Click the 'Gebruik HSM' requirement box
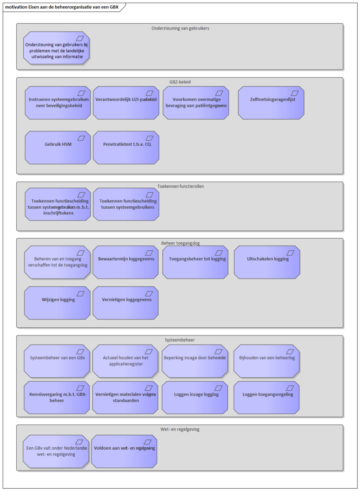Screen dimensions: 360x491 point(58,148)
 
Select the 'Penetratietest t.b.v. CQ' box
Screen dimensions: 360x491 point(126,148)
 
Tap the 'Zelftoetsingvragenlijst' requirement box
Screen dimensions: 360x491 point(271,103)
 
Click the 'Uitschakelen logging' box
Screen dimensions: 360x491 point(267,262)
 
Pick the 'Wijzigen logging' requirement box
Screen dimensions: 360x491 point(57,303)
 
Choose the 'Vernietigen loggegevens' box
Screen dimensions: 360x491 point(126,303)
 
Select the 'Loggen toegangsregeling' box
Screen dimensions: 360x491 point(266,398)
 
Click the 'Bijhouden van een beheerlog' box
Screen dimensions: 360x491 point(266,361)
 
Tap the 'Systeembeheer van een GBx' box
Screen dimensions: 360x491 point(57,361)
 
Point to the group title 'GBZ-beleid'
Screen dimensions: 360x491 point(180,82)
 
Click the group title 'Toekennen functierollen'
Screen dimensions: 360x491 point(180,186)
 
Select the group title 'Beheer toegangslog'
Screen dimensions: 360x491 point(180,243)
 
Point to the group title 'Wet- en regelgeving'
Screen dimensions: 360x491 point(180,429)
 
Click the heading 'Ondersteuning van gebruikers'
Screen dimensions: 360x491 point(180,28)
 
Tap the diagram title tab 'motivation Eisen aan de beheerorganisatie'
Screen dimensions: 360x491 point(62,7)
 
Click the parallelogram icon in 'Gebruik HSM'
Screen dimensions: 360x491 point(81,138)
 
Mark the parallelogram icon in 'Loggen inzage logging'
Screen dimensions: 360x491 point(218,388)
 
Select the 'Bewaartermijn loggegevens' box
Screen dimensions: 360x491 point(126,262)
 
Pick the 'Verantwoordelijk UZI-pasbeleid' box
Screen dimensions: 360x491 point(126,103)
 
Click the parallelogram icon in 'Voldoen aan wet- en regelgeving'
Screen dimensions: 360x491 point(147,442)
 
